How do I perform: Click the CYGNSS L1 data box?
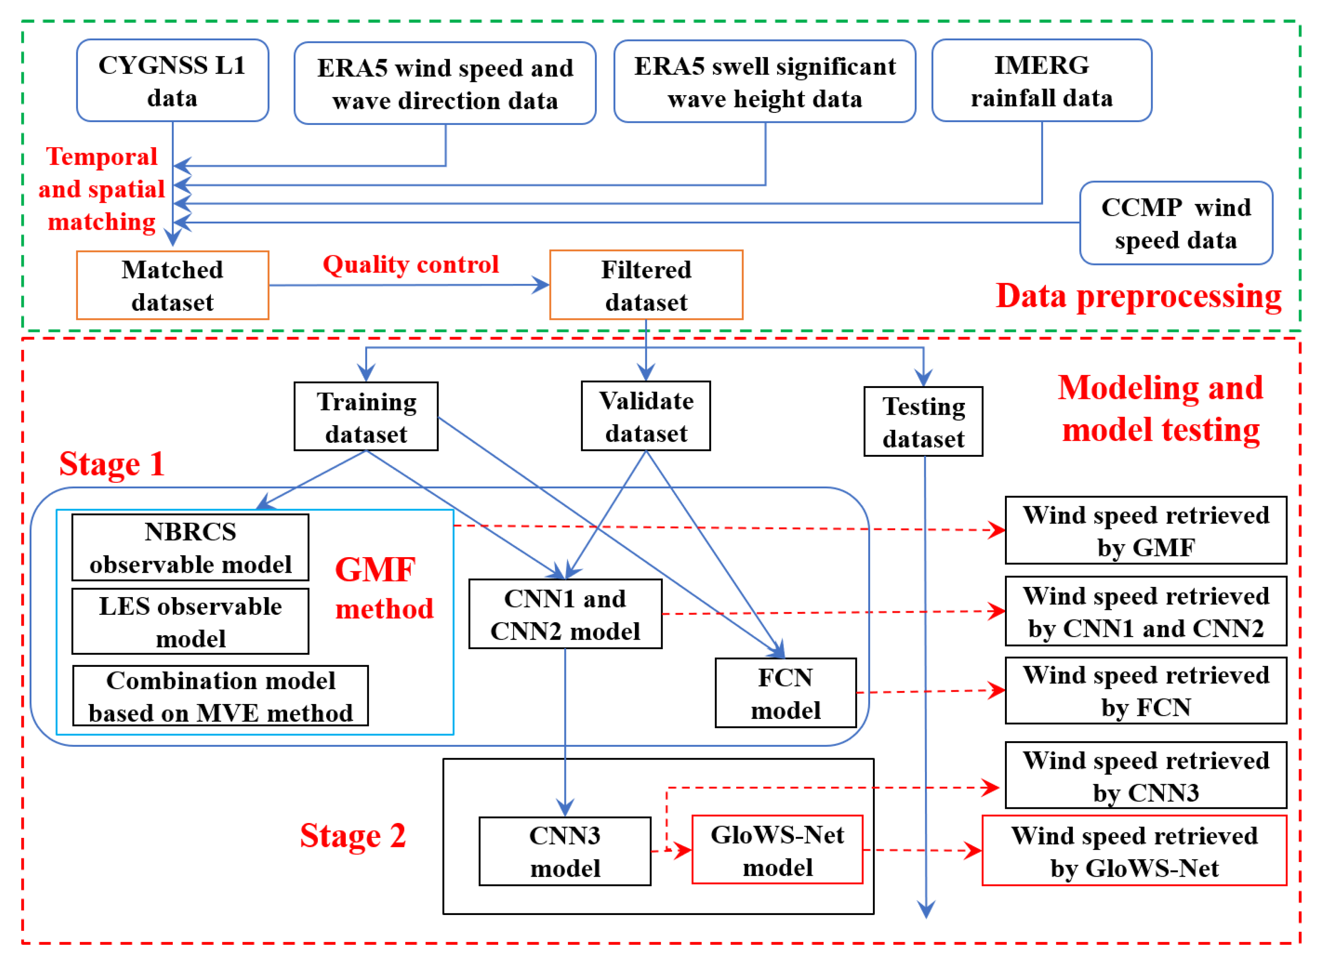[x=172, y=81]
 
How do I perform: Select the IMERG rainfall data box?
[x=1041, y=81]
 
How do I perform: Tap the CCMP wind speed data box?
[x=1175, y=223]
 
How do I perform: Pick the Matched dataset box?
[x=172, y=285]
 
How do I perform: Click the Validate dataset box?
[x=645, y=416]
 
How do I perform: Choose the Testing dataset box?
[x=923, y=422]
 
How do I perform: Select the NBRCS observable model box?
[x=190, y=547]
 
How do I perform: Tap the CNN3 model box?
[x=564, y=851]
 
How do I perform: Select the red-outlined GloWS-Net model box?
[x=777, y=850]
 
